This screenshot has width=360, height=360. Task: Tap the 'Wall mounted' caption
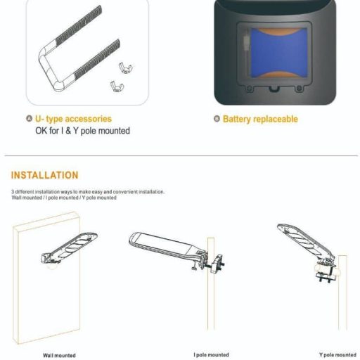pos(59,355)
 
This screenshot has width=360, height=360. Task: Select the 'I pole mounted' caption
pos(212,354)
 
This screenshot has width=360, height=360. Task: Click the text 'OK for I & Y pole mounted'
pos(82,131)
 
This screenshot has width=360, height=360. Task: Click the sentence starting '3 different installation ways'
pos(88,191)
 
